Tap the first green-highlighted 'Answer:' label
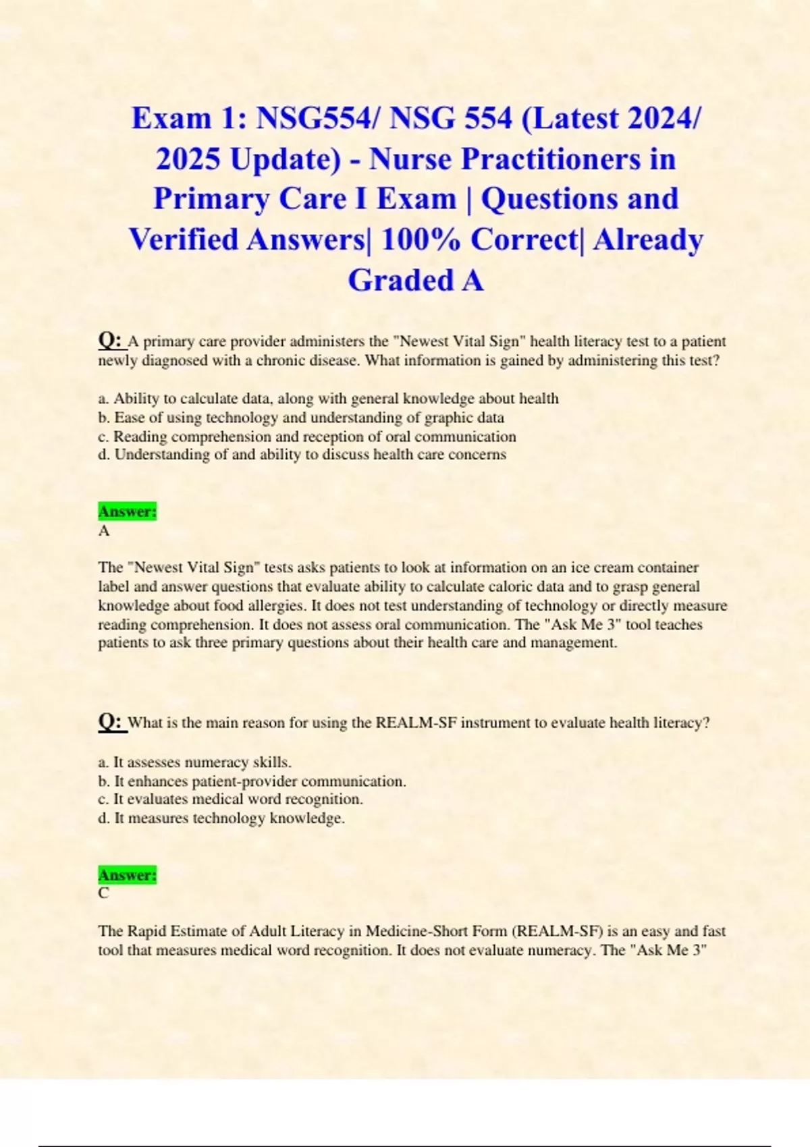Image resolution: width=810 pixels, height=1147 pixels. tap(127, 511)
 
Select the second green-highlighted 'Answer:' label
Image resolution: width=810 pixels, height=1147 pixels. tap(127, 875)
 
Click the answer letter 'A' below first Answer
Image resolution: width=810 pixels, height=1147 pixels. tap(104, 531)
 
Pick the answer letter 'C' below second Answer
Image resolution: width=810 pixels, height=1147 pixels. tap(103, 893)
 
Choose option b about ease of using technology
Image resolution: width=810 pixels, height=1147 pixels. tap(301, 418)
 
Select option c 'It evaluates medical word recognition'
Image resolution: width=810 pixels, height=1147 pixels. tap(231, 800)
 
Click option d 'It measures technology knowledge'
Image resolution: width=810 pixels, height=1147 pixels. tap(221, 818)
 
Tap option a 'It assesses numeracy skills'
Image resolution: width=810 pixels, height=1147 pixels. tap(195, 762)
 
